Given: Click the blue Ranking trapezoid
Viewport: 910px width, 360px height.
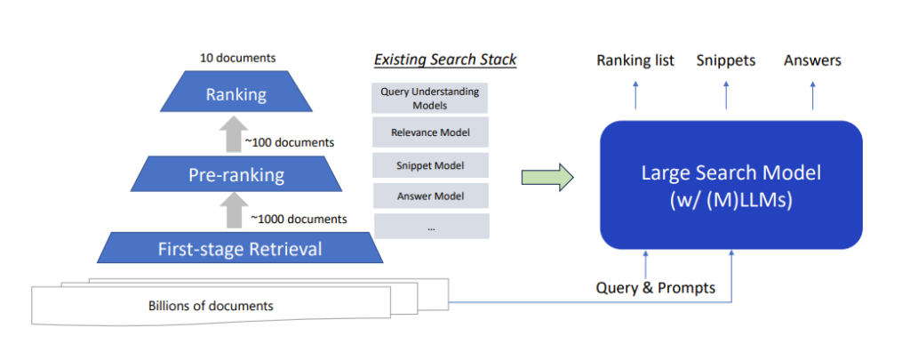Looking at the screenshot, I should pos(235,94).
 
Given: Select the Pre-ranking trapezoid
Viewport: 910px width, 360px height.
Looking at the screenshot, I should pos(235,174).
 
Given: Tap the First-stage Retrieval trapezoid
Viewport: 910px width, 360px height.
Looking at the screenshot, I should pos(240,248).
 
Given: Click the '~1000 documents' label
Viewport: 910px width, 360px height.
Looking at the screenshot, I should pos(298,219).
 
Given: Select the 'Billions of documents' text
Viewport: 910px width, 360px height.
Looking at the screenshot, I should pos(211,306).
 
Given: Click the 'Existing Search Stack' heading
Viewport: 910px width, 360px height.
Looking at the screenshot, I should pos(445,60).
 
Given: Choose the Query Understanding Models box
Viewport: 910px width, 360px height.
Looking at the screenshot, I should pos(429,98).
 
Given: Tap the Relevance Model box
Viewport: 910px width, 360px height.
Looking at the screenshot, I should pos(429,133).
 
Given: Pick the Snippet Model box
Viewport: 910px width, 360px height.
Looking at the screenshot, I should pos(429,165).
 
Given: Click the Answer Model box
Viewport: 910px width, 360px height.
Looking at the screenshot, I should pos(429,196).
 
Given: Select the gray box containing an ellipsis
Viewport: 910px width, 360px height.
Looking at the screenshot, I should pos(429,227).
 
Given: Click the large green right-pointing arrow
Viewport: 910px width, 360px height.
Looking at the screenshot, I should pos(547,178).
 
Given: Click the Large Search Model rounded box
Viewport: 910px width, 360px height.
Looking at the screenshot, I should pos(730,184).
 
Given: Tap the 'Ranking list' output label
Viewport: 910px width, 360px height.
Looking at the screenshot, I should pos(635,60).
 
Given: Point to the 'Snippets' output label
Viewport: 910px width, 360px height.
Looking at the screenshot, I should pos(726,60).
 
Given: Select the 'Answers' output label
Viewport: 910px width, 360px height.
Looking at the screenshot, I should pos(812,60).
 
